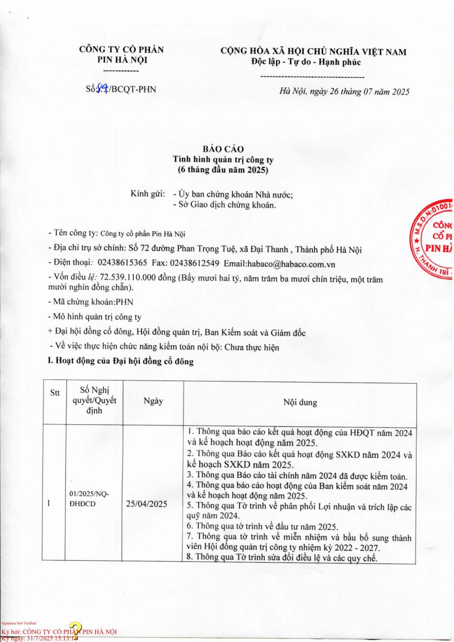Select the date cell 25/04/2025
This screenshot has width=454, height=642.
click(146, 503)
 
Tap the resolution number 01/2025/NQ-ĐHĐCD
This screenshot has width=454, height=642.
click(89, 499)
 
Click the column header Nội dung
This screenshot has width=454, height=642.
click(300, 402)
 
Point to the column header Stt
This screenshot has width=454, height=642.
click(55, 393)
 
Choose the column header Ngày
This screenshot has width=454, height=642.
click(153, 401)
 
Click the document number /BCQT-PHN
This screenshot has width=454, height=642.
click(133, 89)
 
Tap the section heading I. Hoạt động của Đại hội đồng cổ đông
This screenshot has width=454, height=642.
click(121, 362)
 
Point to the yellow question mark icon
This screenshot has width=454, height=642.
click(75, 630)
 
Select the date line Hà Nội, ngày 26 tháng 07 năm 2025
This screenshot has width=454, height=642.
click(344, 91)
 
